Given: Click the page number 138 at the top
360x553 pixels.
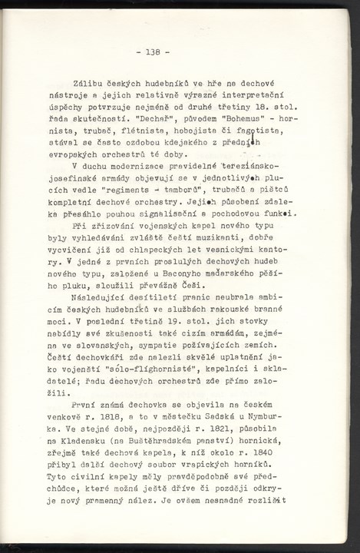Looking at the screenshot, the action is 152,52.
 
